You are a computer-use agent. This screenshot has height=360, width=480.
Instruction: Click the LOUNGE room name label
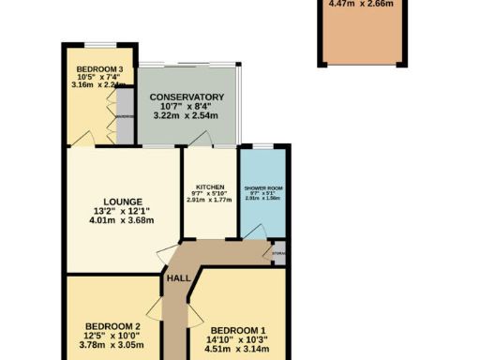coord(123,201)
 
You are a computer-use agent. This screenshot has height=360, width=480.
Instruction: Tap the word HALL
coord(177,277)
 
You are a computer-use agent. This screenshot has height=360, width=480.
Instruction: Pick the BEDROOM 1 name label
coord(237,329)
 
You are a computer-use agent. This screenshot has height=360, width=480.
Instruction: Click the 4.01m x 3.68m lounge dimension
coord(122,220)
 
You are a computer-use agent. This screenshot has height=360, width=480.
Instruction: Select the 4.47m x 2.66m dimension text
coord(361,4)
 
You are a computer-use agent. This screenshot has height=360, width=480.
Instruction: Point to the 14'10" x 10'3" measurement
coord(238,341)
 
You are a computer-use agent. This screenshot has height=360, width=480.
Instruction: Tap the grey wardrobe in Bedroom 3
coord(125,116)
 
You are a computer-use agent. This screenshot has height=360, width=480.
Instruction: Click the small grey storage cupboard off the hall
coord(277,254)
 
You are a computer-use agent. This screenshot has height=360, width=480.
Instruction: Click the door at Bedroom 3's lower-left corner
coord(79,140)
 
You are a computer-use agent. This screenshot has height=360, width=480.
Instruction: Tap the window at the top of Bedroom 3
coord(94,43)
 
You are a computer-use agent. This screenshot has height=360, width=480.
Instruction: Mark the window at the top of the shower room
coord(263,145)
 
